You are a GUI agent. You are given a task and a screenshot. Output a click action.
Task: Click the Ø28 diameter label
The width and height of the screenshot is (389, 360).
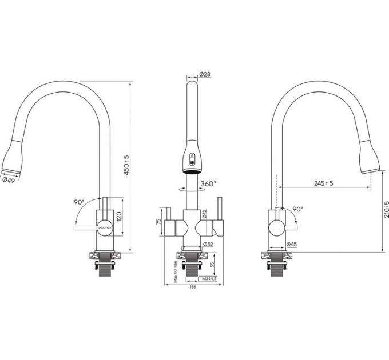point(205,75)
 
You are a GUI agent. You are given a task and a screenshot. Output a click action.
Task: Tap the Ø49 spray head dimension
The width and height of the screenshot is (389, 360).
point(9,179)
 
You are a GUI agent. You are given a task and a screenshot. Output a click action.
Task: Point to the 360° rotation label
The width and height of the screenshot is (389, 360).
point(208,184)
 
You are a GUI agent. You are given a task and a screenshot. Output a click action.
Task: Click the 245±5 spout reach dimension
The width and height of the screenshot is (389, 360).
point(324,183)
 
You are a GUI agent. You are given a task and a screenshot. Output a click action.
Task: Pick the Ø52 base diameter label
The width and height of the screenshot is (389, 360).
point(207,245)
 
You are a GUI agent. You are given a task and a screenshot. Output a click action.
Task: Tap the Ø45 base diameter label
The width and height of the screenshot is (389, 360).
point(292,245)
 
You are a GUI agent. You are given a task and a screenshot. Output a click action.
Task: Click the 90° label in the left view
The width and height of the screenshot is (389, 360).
point(79,202)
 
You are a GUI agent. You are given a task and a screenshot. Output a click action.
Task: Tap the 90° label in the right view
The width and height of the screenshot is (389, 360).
point(297,209)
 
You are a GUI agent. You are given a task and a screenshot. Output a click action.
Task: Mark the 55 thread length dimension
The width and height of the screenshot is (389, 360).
point(212,264)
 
